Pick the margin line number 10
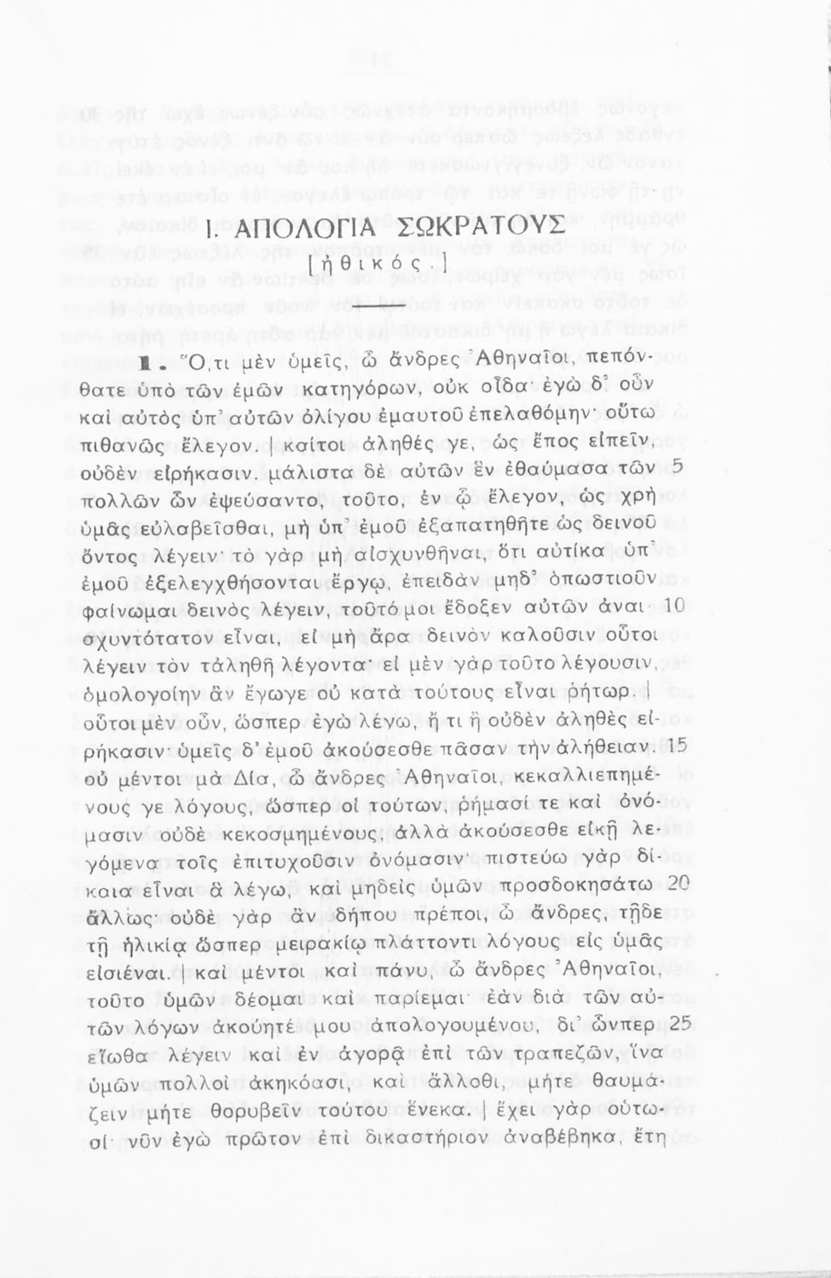point(675,605)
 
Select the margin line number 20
point(677,884)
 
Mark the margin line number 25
point(678,1023)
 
